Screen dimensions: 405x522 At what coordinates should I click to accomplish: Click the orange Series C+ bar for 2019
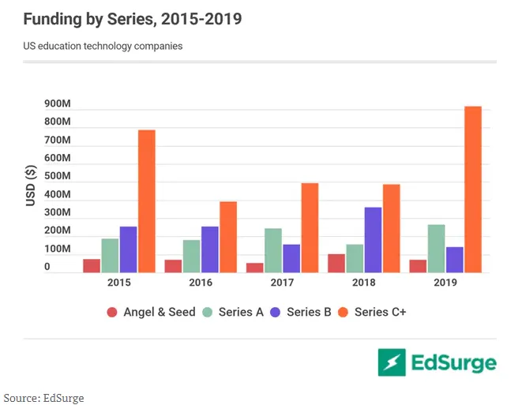tap(472, 189)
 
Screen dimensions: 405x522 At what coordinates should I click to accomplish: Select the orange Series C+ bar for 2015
tap(147, 201)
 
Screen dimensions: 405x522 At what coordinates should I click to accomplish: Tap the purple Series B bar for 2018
tap(373, 240)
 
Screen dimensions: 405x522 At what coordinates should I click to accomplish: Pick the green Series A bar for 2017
tap(273, 250)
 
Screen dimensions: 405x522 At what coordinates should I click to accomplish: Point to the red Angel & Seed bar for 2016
tap(173, 266)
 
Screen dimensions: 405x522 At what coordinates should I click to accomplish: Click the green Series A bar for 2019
tap(436, 249)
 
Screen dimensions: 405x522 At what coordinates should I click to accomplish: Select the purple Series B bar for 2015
tap(128, 249)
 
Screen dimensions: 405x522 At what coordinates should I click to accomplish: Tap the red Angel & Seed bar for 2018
tap(336, 264)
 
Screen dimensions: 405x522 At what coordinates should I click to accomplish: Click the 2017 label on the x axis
tap(282, 283)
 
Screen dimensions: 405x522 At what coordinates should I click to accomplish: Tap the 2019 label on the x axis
tap(445, 283)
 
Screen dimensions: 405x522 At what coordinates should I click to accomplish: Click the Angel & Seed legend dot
tap(112, 312)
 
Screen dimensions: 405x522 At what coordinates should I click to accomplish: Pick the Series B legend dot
tap(276, 312)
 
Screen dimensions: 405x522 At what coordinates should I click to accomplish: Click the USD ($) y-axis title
tap(30, 186)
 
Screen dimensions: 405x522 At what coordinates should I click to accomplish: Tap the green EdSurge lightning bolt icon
tap(392, 362)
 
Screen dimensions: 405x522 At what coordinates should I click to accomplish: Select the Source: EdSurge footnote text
tap(44, 397)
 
